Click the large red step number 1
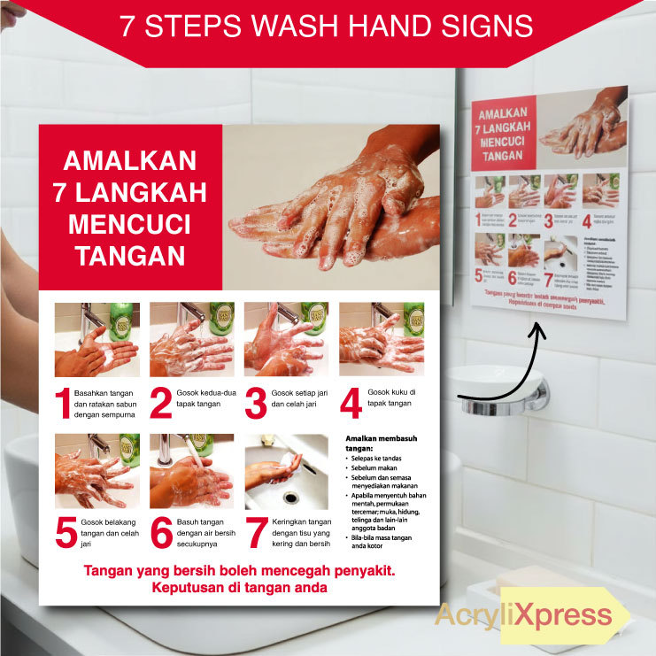point(62,403)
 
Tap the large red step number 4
point(351,403)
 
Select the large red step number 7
point(257,533)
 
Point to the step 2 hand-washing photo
point(191,339)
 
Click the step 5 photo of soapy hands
point(96,470)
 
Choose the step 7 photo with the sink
point(287,470)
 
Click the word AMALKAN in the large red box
point(129,161)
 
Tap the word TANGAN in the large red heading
point(129,256)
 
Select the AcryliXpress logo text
point(523,614)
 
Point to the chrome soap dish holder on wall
point(501,394)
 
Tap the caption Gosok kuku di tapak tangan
point(391,397)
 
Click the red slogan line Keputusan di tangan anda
point(239,587)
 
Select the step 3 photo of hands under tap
point(286,339)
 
